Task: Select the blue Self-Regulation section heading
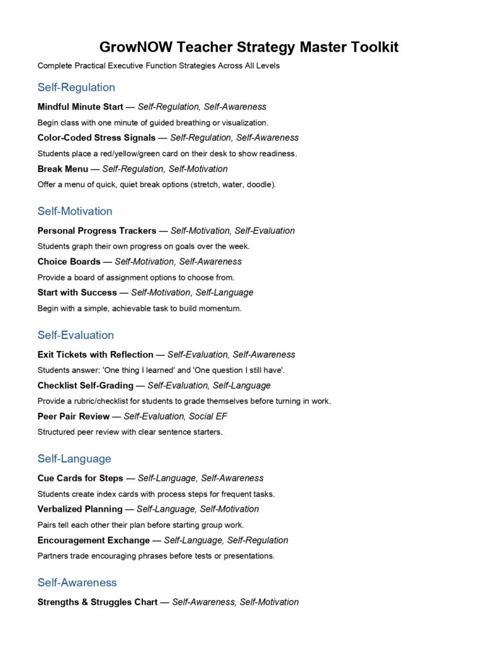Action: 76,88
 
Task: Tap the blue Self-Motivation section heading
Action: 75,211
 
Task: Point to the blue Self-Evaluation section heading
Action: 76,335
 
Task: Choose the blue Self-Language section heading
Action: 74,459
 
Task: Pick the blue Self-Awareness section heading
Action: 77,583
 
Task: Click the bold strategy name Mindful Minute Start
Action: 81,107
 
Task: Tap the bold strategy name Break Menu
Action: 63,169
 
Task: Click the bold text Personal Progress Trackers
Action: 96,231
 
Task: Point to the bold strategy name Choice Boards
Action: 69,261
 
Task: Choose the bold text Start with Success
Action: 77,292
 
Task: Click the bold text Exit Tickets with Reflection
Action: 96,355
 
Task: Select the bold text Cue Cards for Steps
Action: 81,478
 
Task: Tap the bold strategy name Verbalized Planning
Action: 80,509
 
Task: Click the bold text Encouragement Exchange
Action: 94,540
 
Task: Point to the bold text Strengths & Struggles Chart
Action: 98,602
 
